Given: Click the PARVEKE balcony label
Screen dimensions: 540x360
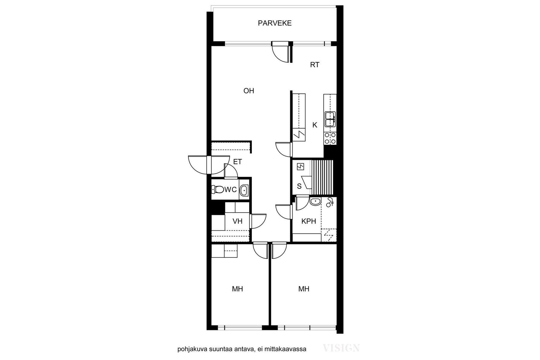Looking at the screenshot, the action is tap(274, 23).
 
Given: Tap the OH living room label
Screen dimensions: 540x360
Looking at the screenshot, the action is tap(249, 91).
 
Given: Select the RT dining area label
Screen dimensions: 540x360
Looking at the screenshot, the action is tap(315, 65).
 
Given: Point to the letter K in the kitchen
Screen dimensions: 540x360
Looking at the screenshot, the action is tap(315, 125).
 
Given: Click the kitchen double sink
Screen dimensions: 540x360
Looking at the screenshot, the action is tap(330, 119).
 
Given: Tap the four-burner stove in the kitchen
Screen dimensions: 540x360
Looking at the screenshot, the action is tap(330, 138).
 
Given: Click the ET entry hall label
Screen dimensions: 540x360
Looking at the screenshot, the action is tap(237, 162).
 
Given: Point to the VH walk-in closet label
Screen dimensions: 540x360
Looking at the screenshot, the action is tap(237, 221).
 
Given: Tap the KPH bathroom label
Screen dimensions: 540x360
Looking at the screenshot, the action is tap(309, 221).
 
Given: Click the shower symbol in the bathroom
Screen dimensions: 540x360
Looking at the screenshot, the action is tap(330, 202).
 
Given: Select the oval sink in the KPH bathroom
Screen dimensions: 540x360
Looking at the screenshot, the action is tap(315, 202).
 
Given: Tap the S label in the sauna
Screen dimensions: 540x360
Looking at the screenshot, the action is tap(299, 186).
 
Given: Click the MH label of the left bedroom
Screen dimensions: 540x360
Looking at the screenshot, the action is tap(237, 289).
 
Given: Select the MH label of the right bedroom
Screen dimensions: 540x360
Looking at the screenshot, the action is tap(304, 289).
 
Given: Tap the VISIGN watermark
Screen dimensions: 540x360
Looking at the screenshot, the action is tap(341, 348).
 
